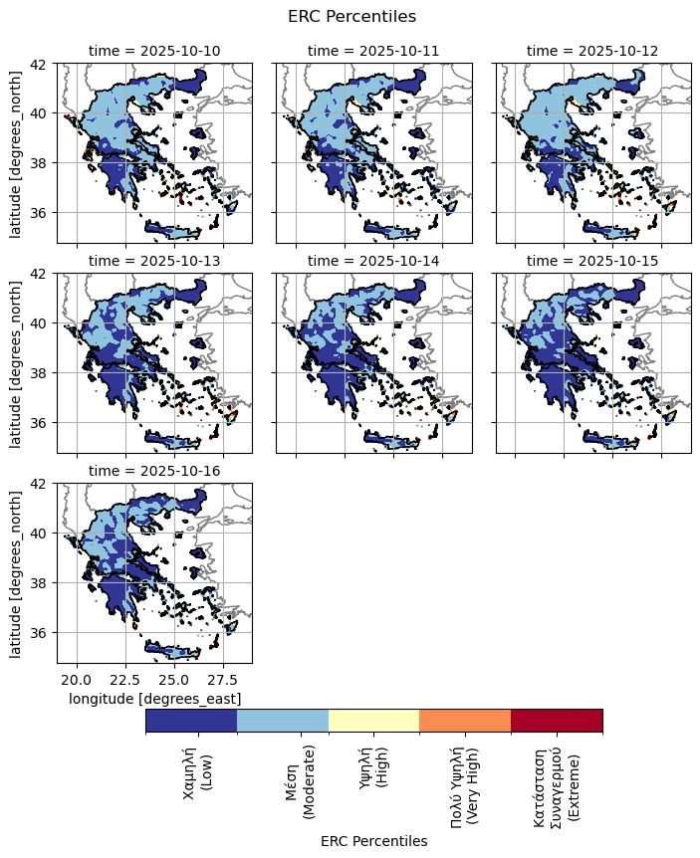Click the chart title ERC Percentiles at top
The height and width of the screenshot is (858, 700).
pos(351,16)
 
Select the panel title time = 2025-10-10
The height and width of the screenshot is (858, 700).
pos(154,51)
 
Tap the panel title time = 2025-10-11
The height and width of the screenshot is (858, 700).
pos(373,51)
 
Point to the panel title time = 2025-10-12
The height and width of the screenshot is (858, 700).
pos(592,51)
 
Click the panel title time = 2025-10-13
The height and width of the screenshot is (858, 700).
pos(154,261)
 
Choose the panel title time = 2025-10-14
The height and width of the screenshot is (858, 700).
pos(373,261)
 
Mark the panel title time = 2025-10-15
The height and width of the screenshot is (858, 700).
pos(592,261)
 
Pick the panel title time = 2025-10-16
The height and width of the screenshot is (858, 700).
pos(154,471)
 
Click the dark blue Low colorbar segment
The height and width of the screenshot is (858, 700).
pos(191,721)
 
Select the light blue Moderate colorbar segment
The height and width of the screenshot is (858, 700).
pos(283,721)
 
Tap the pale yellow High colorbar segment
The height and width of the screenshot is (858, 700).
pos(373,721)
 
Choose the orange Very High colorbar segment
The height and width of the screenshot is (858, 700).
pos(465,721)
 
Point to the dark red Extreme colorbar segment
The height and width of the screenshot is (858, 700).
pos(557,721)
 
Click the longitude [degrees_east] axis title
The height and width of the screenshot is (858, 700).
pos(154,700)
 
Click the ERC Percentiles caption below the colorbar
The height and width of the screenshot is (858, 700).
pos(373,841)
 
